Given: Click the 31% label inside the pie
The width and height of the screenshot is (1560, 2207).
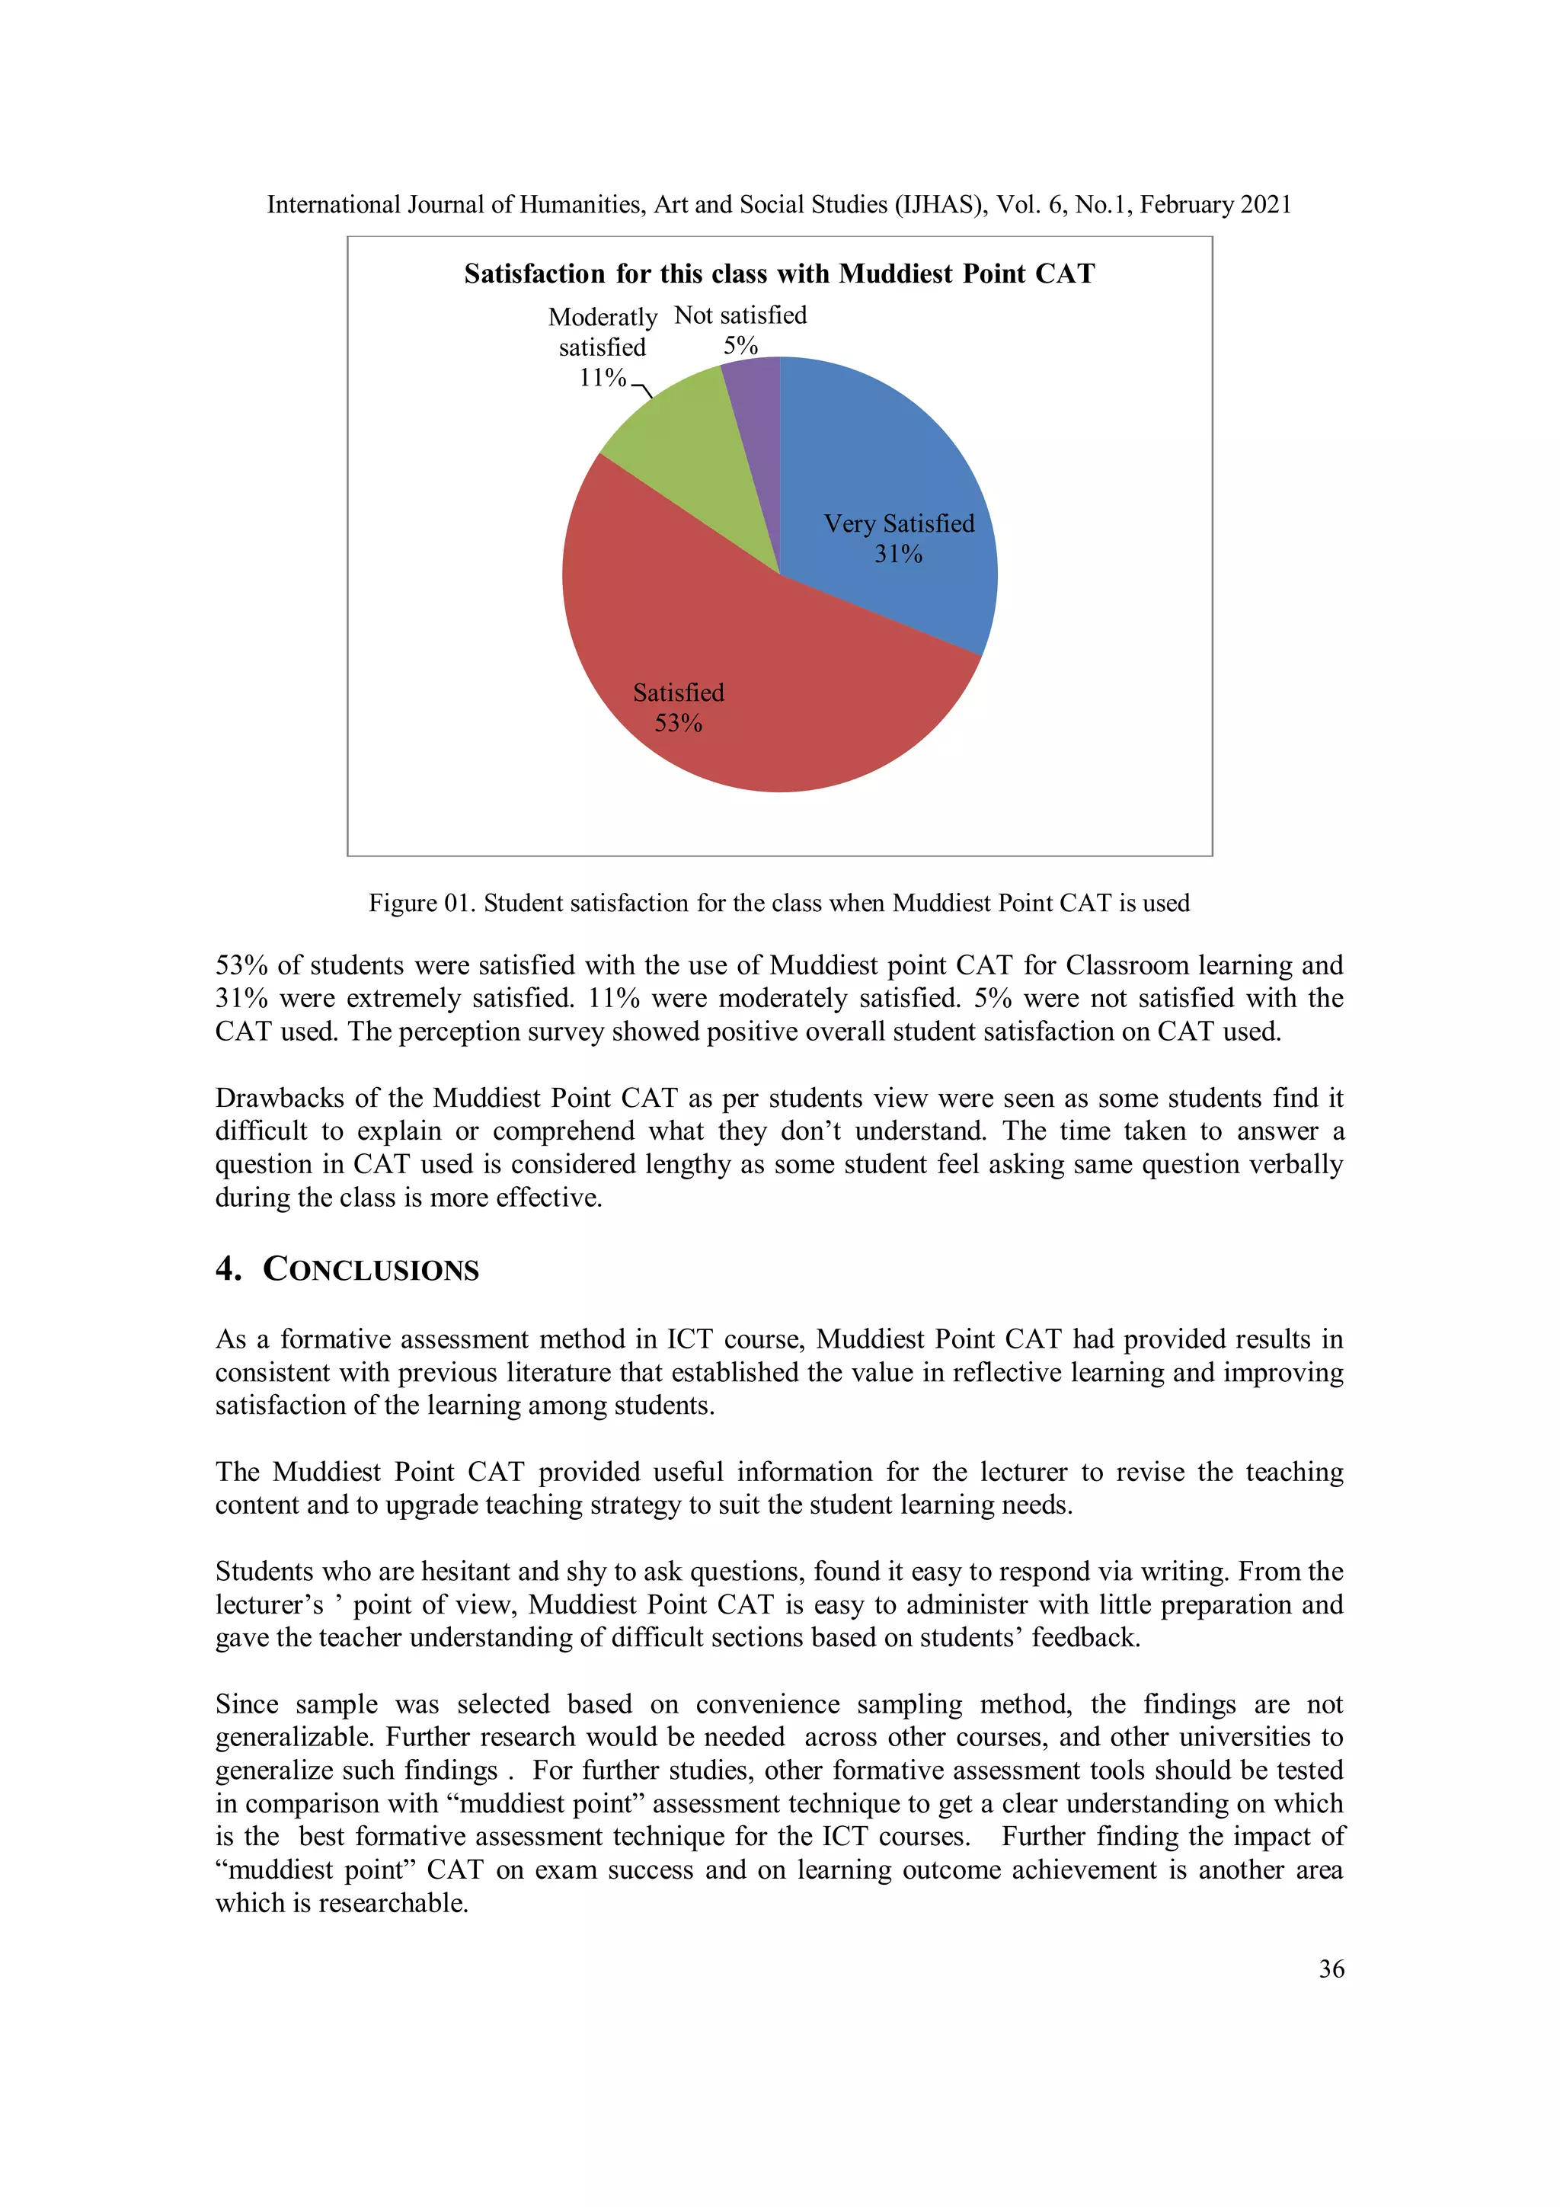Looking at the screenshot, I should [x=898, y=555].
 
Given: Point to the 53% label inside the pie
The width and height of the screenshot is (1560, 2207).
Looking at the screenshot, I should [x=678, y=724].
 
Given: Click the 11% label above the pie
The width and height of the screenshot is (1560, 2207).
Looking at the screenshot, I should [x=602, y=378].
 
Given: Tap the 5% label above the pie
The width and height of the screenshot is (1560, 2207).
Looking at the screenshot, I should [x=740, y=346].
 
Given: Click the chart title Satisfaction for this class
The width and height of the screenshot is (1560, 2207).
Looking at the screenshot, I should [x=778, y=274].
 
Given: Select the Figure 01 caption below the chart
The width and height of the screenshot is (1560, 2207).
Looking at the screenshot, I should [x=778, y=903].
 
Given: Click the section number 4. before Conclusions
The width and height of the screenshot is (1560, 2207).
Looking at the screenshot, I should [x=229, y=1269].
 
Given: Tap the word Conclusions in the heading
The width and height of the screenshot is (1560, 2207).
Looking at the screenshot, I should [x=371, y=1270].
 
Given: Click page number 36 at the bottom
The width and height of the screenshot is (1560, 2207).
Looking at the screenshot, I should [x=1330, y=1969].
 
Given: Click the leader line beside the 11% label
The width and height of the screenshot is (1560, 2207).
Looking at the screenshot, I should [x=642, y=389].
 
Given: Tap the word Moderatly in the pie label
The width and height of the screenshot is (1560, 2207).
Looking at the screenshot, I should [x=602, y=317].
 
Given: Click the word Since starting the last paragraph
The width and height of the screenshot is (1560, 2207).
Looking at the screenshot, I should [x=246, y=1704].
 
